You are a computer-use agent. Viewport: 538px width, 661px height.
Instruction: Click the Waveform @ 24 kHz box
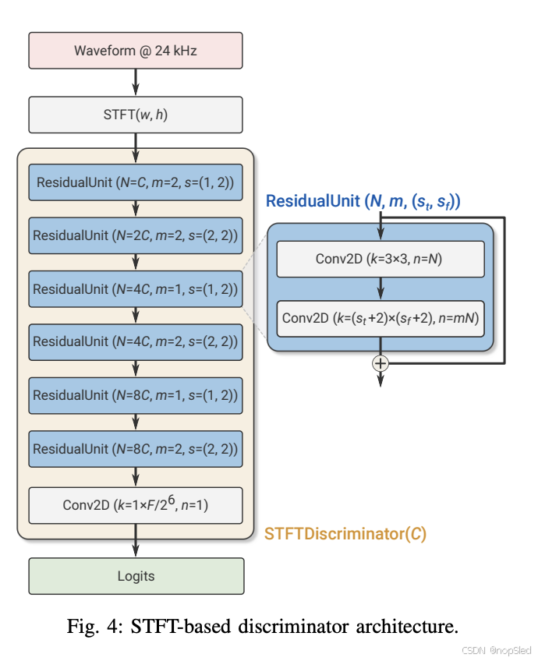coord(136,51)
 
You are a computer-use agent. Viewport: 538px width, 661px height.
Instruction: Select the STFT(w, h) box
coord(136,115)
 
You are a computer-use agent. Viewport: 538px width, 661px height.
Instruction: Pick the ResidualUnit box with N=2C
coord(136,235)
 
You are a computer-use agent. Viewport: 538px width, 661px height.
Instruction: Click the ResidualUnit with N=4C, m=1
coord(136,289)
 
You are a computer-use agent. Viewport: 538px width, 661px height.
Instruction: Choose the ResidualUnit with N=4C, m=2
coord(136,341)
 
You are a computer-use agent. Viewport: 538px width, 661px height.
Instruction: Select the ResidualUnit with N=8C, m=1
coord(136,396)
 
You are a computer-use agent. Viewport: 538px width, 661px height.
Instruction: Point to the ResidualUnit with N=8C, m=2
coord(136,449)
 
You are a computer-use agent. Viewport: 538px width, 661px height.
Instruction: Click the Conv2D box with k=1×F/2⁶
coord(136,505)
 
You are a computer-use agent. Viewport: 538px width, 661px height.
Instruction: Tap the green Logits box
coord(136,577)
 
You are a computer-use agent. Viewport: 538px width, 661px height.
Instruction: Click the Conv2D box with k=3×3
coord(380,260)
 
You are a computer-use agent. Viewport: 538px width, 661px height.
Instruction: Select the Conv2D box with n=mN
coord(380,319)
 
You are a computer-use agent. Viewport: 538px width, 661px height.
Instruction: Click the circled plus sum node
coord(380,363)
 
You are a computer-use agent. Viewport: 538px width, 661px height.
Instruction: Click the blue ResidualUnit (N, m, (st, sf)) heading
coord(363,202)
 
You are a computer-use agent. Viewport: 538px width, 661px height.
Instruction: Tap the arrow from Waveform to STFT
coord(136,82)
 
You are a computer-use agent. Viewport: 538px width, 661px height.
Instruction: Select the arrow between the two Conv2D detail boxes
coord(380,289)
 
